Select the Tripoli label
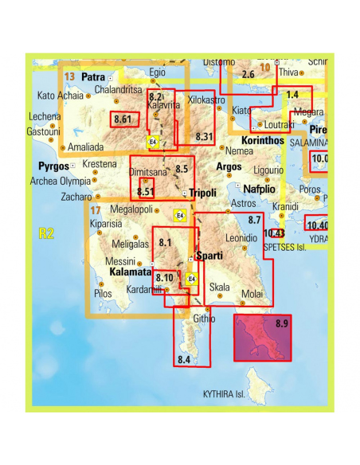pos(203,193)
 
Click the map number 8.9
pos(280,323)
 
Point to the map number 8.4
pos(184,360)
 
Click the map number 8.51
pos(145,192)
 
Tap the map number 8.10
pos(165,277)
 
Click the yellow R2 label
pos(45,233)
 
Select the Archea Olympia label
pos(60,180)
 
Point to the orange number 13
pos(70,77)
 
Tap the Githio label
pos(205,318)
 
